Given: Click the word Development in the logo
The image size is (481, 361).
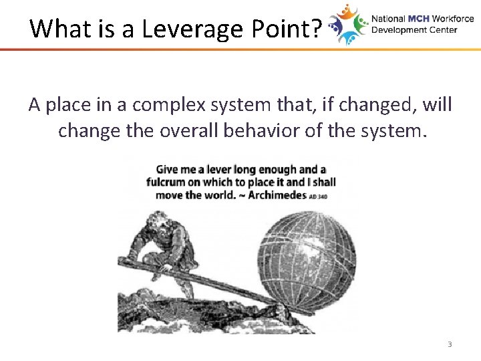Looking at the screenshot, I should (x=398, y=30).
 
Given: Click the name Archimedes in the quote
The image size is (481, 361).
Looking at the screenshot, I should (x=275, y=195).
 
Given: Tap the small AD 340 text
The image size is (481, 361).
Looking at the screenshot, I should (x=319, y=197).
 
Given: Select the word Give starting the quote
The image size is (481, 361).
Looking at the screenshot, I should (x=168, y=170).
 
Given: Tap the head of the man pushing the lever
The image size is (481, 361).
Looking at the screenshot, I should (x=159, y=220).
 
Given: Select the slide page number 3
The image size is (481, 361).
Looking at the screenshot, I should (x=449, y=344).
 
